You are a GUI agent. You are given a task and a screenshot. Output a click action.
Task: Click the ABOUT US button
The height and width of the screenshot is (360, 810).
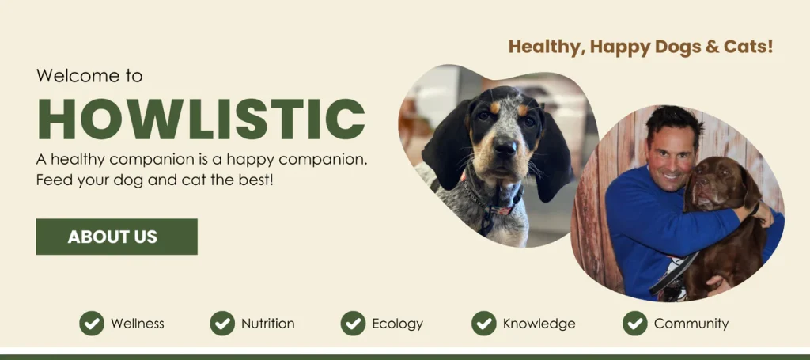[116, 237]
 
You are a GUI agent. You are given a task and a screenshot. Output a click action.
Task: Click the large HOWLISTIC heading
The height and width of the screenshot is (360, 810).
[201, 119]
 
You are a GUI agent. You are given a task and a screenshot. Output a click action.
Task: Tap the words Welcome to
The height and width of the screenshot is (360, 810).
[89, 76]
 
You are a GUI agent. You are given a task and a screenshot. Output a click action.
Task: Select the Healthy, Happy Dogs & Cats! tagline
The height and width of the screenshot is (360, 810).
[641, 47]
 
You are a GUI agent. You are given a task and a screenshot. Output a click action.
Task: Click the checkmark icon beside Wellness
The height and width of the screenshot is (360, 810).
[92, 323]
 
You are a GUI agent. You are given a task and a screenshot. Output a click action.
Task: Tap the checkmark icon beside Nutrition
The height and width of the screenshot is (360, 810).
[222, 323]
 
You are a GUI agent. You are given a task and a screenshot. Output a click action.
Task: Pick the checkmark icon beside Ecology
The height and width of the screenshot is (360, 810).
[353, 323]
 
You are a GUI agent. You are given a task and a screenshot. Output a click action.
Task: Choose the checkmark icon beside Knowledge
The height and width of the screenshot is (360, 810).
[484, 323]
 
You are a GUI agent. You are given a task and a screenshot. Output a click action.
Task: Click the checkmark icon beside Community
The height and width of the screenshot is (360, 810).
[635, 323]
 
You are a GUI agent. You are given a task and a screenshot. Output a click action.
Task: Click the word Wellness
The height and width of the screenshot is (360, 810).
[138, 324]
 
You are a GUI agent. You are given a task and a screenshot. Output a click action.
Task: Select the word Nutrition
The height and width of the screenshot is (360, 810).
[268, 324]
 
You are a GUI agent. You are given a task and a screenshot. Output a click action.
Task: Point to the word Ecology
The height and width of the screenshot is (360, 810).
[397, 324]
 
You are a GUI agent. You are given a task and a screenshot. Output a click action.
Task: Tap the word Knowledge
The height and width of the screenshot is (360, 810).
[539, 324]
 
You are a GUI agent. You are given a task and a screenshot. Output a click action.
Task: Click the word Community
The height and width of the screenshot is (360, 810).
[691, 324]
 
